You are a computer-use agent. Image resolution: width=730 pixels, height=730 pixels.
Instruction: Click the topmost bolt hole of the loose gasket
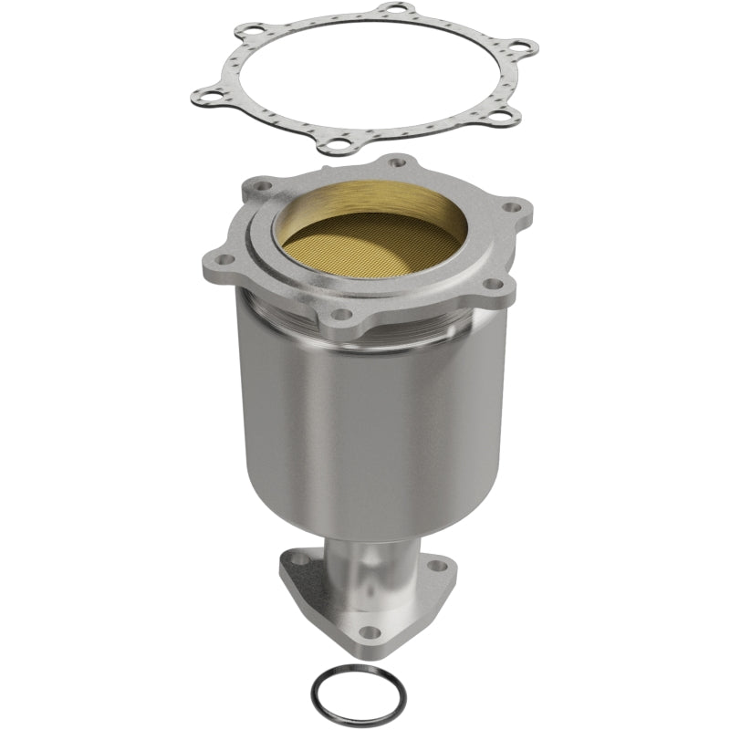[x=394, y=10]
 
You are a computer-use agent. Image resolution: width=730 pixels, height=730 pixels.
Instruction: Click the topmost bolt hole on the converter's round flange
[x=396, y=162]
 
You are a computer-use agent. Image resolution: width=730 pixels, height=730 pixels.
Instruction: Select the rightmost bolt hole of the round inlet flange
[x=516, y=207]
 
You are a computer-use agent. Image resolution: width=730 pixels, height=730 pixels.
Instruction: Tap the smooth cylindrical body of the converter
[x=365, y=429]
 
